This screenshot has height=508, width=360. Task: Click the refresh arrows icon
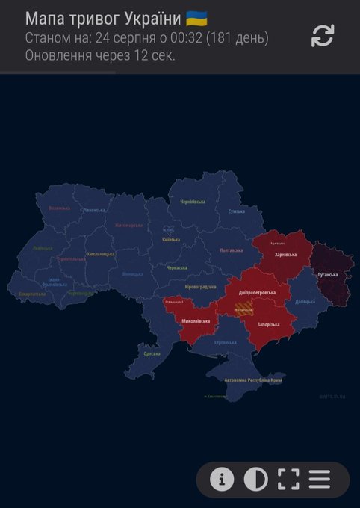(323, 35)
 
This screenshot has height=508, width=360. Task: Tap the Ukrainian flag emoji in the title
(196, 19)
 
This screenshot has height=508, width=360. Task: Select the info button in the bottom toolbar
(221, 480)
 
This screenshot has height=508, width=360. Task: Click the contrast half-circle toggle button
(255, 480)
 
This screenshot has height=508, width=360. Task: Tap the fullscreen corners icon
(288, 480)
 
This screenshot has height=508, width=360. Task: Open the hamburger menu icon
(320, 480)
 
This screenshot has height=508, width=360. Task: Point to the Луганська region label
(329, 275)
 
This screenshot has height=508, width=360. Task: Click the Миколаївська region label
(196, 321)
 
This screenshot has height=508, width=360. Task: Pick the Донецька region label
(305, 302)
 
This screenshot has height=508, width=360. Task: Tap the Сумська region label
(237, 211)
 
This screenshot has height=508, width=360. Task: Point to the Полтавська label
(235, 250)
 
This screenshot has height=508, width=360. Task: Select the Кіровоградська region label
(200, 286)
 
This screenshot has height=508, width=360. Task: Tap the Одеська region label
(152, 353)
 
